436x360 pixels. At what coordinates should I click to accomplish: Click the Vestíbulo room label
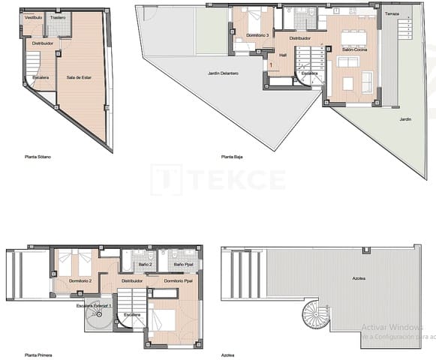[32, 16]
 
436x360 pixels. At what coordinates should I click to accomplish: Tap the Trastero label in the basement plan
[58, 16]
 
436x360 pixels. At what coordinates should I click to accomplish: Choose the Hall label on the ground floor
[282, 55]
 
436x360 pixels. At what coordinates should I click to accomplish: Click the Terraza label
[392, 14]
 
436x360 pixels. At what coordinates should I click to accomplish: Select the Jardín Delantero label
[223, 73]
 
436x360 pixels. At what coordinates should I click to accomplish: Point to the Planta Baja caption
[232, 157]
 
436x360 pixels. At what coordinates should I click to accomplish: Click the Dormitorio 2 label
[80, 280]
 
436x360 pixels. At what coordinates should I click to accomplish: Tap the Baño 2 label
[146, 265]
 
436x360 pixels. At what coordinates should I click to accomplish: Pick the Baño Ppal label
[183, 265]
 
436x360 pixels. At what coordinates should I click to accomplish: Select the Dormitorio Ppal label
[179, 280]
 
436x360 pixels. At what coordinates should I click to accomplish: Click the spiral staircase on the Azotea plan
[315, 316]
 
